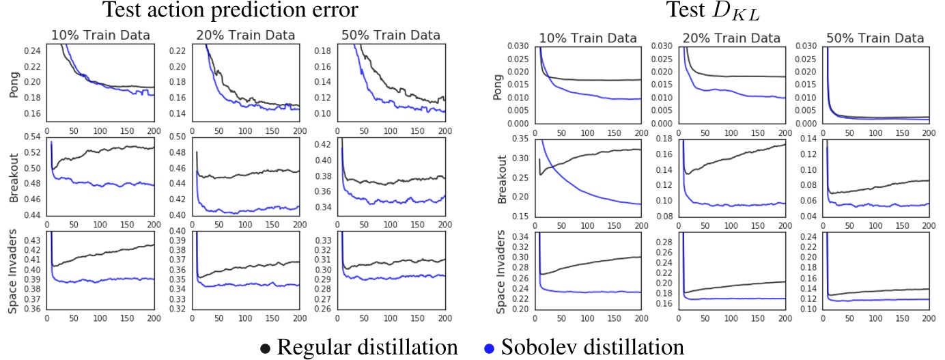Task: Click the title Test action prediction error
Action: (230, 11)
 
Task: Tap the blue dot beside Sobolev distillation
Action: (489, 348)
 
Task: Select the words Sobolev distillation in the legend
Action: (593, 348)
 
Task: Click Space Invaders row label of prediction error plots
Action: (12, 273)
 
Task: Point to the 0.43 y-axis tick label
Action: (31, 240)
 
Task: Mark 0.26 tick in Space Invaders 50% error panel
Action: (322, 309)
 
